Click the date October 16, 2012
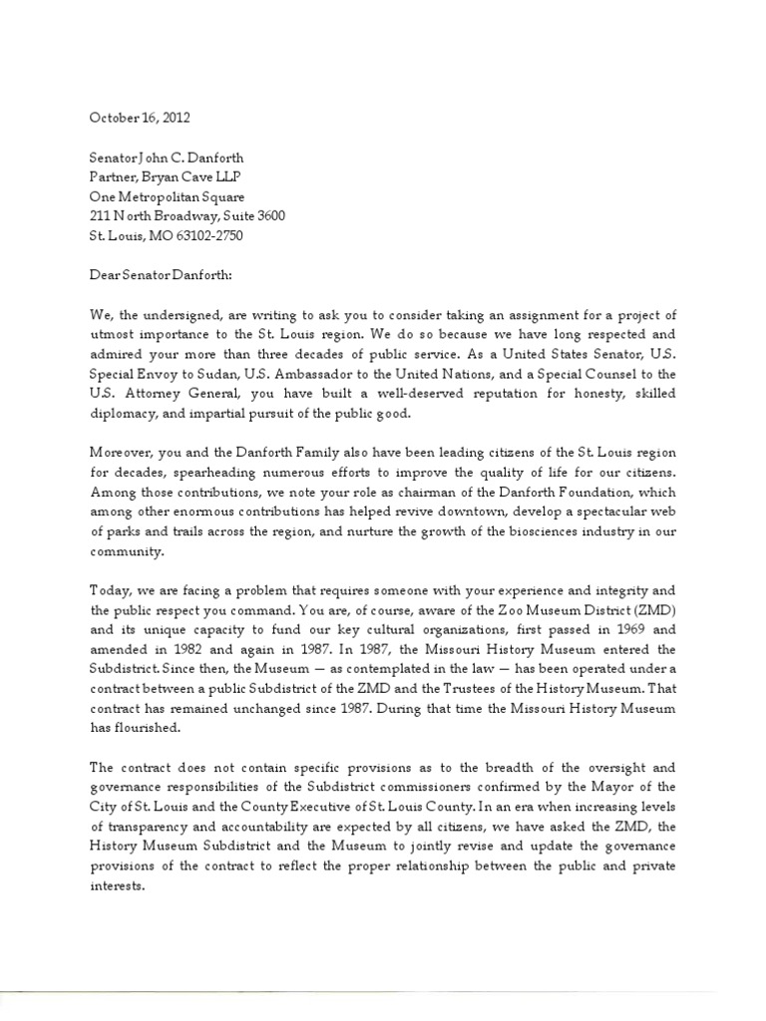tap(140, 118)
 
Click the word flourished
tap(150, 728)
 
